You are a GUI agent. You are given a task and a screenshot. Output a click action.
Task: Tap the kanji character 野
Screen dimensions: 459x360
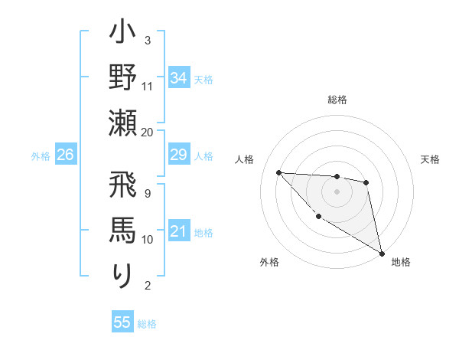point(123,79)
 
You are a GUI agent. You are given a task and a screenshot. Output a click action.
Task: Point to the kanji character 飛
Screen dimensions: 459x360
point(123,189)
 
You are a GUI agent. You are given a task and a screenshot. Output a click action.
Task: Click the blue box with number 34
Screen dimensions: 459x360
point(178,78)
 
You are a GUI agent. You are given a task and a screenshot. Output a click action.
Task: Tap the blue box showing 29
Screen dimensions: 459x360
point(178,155)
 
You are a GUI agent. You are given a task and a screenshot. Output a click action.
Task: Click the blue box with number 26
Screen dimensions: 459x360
point(65,155)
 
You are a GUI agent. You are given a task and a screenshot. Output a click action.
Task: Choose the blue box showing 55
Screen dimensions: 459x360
point(122,322)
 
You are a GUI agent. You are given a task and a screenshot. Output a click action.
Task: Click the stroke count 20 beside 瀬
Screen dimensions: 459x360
point(148,132)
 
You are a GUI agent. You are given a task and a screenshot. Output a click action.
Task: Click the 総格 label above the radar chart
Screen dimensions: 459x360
point(337,100)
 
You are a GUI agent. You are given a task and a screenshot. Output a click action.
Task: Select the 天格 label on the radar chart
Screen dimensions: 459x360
point(431,159)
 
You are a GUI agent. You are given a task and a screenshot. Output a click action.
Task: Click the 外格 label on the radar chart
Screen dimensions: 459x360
point(269,263)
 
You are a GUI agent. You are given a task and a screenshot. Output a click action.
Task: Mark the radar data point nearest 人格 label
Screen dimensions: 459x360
point(278,172)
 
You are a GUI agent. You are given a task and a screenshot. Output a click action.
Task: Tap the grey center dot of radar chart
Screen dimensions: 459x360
point(337,191)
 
